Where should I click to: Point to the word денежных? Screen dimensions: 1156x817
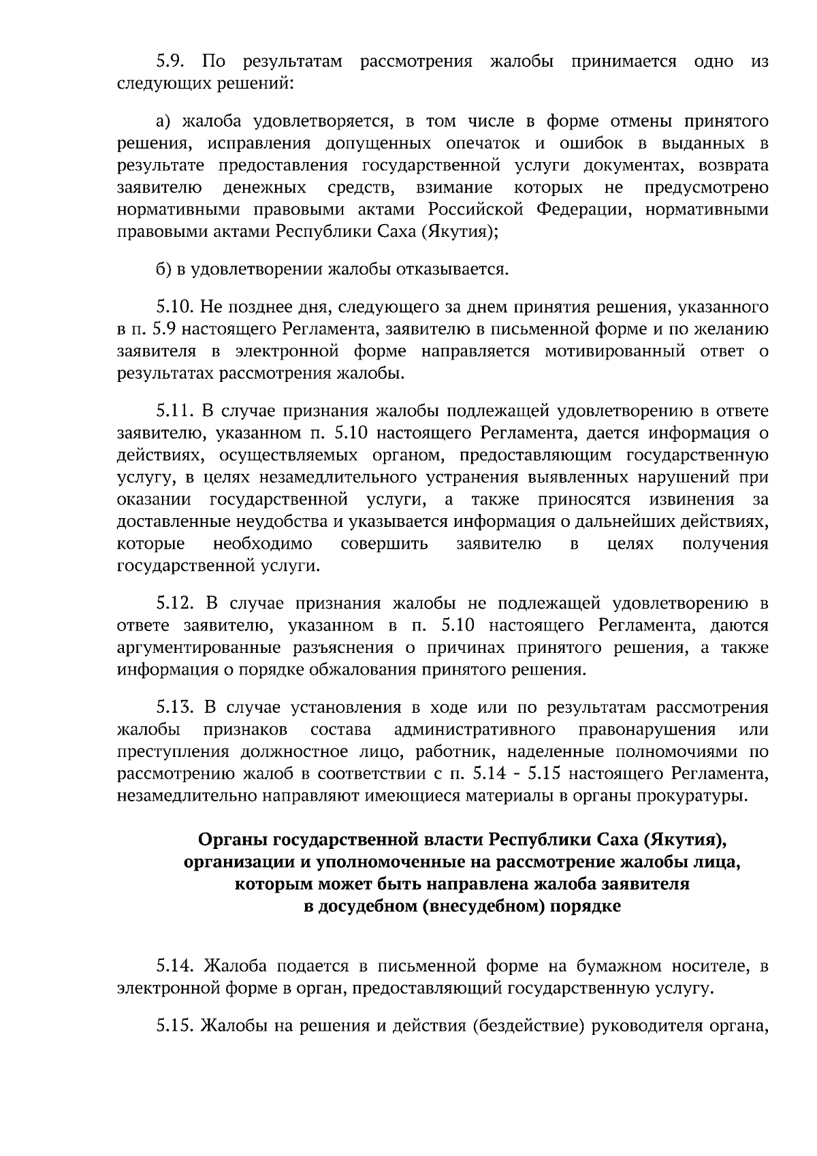pyautogui.click(x=263, y=187)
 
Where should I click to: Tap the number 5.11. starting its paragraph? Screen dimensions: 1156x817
pyautogui.click(x=176, y=411)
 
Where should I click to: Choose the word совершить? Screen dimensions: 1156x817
pyautogui.click(x=384, y=544)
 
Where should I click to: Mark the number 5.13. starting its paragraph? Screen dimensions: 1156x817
pyautogui.click(x=176, y=708)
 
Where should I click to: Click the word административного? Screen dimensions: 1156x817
pyautogui.click(x=475, y=730)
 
